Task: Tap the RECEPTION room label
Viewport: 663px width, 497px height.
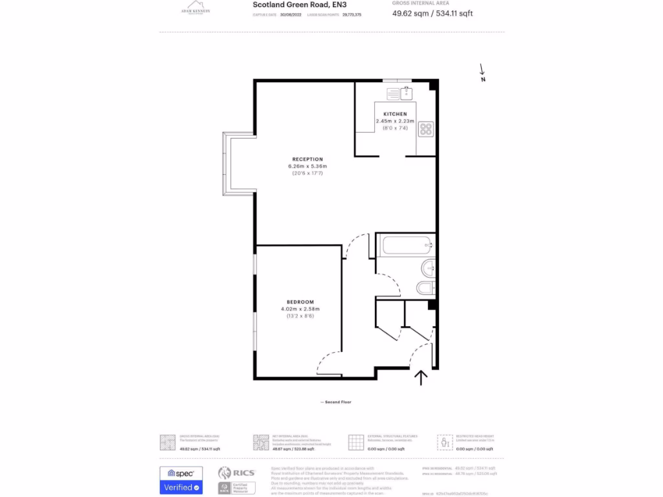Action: [307, 159]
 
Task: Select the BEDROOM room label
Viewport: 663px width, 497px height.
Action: [300, 302]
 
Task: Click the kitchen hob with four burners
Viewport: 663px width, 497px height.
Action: [426, 129]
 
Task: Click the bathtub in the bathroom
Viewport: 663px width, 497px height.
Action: [405, 245]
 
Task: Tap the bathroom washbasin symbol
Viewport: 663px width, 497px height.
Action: [429, 267]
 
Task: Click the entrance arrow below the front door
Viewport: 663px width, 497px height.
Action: [421, 377]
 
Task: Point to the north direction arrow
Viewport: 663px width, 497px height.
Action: [482, 72]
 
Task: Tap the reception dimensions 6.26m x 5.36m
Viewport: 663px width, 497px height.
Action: [307, 166]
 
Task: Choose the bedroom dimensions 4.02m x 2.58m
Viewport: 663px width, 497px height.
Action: [300, 309]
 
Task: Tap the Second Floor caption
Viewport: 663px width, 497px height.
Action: [336, 403]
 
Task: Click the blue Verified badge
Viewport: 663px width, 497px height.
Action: [181, 487]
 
